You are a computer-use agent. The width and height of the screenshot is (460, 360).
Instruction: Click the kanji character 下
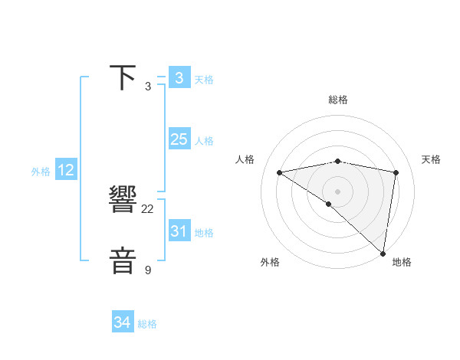click(x=123, y=77)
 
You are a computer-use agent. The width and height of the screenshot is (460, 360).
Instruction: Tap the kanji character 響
click(x=123, y=201)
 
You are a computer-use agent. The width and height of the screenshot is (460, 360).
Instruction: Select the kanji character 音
click(x=123, y=261)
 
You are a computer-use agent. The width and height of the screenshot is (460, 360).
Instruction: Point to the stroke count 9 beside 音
click(x=148, y=270)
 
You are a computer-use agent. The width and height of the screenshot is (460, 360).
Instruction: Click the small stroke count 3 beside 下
click(x=148, y=87)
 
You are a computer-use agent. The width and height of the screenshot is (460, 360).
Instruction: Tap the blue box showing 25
click(x=179, y=139)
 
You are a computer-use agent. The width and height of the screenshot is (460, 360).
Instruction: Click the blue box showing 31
click(x=179, y=231)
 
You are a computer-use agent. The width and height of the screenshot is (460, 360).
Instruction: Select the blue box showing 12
click(x=66, y=170)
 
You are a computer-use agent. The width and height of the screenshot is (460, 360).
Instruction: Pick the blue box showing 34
click(x=123, y=322)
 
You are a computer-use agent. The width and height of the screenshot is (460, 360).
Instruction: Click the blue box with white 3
click(x=179, y=78)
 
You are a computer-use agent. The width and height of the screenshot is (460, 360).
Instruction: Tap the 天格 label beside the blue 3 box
click(x=204, y=80)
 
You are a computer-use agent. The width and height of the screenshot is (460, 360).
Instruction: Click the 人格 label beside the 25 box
click(x=204, y=141)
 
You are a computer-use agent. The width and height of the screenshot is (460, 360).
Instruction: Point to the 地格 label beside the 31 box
click(x=204, y=233)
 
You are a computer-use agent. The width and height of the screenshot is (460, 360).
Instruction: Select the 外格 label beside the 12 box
click(x=41, y=172)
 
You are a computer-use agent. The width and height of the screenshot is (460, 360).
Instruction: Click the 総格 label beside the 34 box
click(x=147, y=324)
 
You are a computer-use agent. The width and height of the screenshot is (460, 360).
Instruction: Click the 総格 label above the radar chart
click(x=338, y=100)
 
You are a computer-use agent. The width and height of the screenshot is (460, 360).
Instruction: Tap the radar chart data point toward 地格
click(x=383, y=253)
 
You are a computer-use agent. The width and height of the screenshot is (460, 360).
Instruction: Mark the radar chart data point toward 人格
click(x=279, y=172)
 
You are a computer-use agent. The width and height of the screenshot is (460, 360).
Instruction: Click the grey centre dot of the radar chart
click(x=337, y=191)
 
